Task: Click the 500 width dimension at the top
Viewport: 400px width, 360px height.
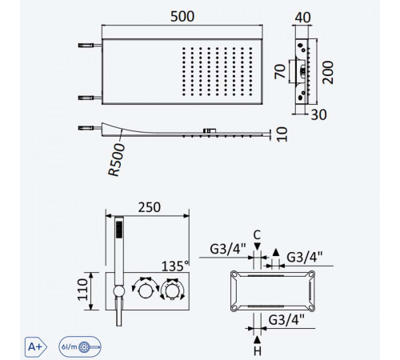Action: [x=182, y=17]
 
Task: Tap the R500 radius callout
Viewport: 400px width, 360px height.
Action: [x=116, y=160]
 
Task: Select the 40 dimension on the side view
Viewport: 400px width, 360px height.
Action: [x=302, y=18]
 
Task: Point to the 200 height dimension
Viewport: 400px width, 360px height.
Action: [x=328, y=73]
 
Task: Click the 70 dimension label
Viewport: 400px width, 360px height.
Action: [x=280, y=71]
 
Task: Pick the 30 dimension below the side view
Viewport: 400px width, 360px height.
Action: [x=319, y=115]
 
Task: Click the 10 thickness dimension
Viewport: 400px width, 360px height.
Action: [x=282, y=134]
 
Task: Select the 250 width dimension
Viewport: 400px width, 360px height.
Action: [x=150, y=207]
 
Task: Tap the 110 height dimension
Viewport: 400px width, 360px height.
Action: [x=82, y=290]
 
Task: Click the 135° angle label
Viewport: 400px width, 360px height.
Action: [x=175, y=266]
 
